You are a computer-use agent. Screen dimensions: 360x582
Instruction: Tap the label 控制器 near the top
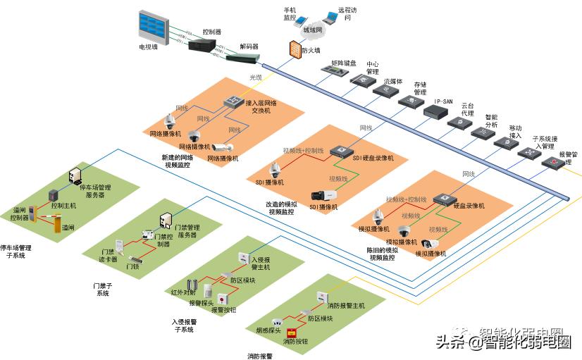click(211, 32)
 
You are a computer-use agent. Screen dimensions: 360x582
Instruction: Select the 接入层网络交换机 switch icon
click(234, 104)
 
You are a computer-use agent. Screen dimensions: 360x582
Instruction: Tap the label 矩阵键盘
click(333, 63)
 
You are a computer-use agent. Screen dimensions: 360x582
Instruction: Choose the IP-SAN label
click(442, 101)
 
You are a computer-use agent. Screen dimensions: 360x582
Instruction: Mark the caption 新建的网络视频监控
click(177, 161)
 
